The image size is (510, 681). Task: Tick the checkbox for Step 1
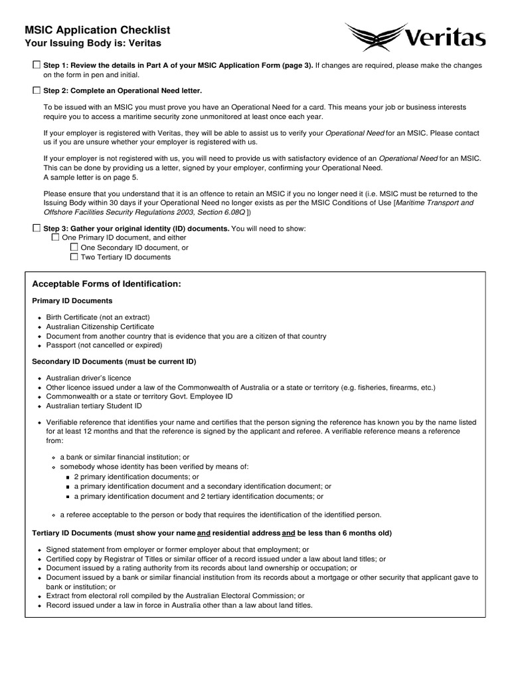point(37,65)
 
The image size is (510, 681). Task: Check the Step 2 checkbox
point(37,90)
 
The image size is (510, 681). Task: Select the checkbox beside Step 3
point(37,228)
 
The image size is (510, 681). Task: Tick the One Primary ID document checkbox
point(55,237)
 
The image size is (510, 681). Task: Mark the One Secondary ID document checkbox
point(74,247)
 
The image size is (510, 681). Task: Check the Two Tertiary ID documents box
point(74,257)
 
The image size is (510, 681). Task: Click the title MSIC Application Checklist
point(97,30)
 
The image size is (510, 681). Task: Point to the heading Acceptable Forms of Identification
point(106,284)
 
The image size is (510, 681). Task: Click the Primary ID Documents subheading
point(72,301)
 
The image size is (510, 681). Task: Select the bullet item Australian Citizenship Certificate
point(100,327)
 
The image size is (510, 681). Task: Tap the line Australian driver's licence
point(88,378)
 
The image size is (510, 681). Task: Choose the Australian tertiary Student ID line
point(94,406)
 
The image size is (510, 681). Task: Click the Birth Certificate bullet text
point(98,317)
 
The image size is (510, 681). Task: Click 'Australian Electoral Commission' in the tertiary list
point(244,596)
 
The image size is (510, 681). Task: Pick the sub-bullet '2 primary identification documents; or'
point(136,477)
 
